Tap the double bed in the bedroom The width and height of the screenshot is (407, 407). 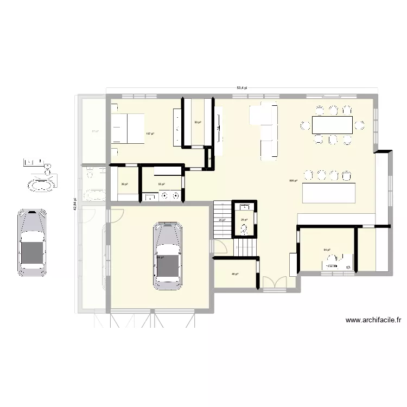pyautogui.click(x=129, y=129)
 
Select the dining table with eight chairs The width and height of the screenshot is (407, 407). pyautogui.click(x=332, y=125)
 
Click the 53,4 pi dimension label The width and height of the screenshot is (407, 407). pyautogui.click(x=241, y=88)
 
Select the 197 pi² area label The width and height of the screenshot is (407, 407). pyautogui.click(x=149, y=133)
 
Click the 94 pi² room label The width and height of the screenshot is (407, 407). pyautogui.click(x=327, y=250)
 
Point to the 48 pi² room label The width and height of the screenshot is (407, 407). pyautogui.click(x=234, y=274)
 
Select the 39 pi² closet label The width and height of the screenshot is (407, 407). pyautogui.click(x=124, y=185)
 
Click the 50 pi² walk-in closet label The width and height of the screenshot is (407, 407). pyautogui.click(x=198, y=123)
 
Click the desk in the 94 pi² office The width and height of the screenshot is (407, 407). pyautogui.click(x=337, y=265)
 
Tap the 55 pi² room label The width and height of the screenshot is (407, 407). pyautogui.click(x=161, y=185)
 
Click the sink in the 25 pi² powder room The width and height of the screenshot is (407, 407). pyautogui.click(x=245, y=207)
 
